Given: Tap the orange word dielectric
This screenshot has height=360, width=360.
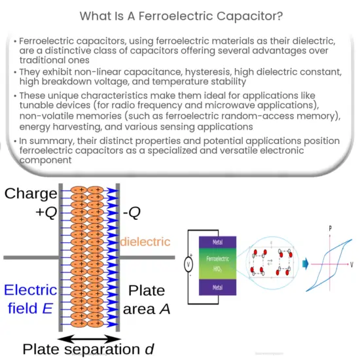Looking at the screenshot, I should pyautogui.click(x=145, y=242).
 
